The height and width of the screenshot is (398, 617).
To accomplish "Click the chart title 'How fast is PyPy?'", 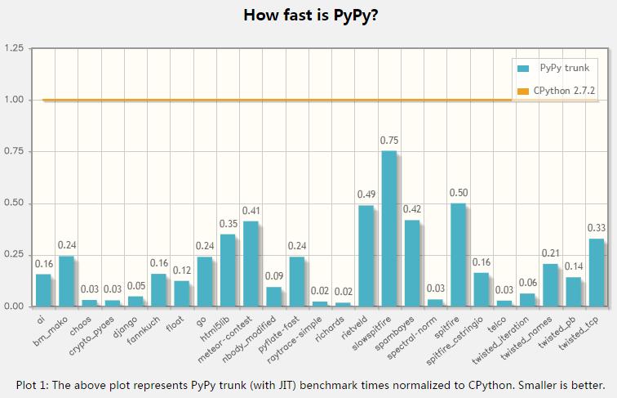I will coord(309,15).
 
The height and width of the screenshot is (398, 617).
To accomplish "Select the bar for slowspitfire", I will coord(389,229).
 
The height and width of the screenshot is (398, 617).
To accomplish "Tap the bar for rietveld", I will coord(366,256).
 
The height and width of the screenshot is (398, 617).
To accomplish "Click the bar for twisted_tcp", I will coord(597,272).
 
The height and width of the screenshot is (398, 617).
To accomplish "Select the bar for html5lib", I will coord(227,270).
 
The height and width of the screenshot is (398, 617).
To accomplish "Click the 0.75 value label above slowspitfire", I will coord(389,141).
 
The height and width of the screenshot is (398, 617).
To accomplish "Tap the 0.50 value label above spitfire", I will coord(459,193).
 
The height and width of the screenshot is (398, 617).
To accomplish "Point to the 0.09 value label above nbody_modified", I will coord(273,277).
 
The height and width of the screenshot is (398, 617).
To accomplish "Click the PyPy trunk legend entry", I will coord(555,68).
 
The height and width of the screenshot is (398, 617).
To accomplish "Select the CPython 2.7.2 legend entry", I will coord(555,92).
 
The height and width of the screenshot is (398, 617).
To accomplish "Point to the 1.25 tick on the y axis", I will coord(13,49).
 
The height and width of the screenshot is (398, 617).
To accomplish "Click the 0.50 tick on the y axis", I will coord(13,203).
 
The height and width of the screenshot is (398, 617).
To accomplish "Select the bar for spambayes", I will coord(412,263).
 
